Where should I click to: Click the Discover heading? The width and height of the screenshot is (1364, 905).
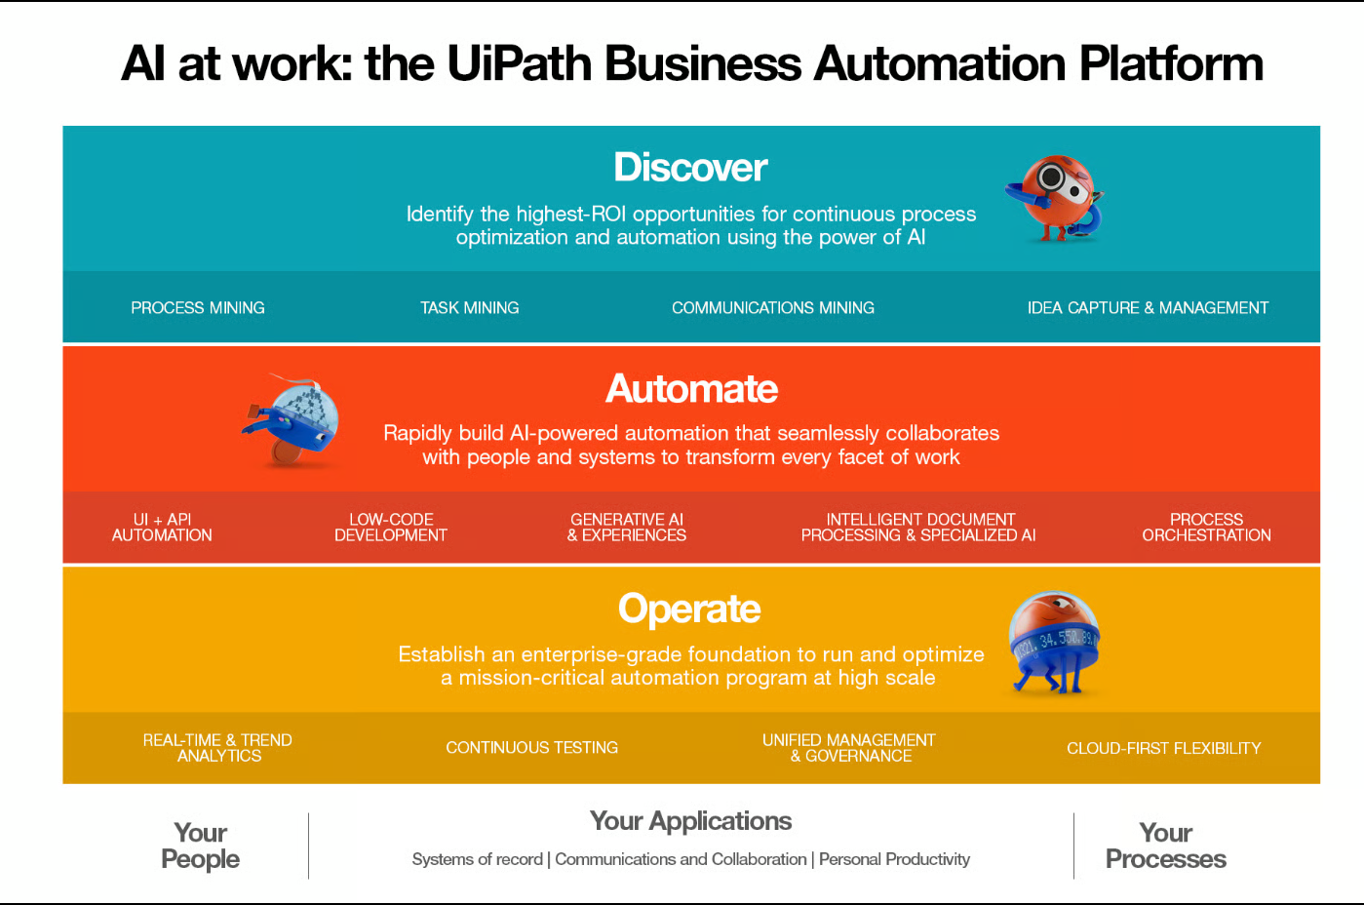690,168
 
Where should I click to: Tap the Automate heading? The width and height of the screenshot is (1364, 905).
691,389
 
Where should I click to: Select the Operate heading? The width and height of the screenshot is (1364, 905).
689,610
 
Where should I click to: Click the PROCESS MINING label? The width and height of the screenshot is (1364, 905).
198,308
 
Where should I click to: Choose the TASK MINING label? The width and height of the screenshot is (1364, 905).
469,308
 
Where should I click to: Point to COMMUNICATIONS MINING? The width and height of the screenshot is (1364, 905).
772,308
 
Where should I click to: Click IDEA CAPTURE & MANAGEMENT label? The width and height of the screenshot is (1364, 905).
1148,308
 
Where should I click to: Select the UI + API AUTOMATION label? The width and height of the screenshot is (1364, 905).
162,528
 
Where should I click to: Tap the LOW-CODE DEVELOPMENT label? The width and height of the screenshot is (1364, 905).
390,528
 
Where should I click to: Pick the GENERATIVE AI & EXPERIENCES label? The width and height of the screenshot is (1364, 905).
627,528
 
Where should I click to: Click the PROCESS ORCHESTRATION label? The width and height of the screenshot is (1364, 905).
1206,528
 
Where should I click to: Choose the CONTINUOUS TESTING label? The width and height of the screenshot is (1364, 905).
531,748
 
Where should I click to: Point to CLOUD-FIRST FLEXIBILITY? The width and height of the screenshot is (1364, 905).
1163,748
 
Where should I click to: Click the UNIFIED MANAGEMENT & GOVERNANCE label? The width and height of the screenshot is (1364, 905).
849,748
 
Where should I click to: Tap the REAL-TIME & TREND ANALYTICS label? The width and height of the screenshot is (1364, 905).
217,748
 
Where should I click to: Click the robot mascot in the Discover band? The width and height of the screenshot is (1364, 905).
1055,198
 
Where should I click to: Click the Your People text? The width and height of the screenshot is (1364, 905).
200,846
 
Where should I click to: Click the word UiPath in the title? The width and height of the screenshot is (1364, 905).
520,64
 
